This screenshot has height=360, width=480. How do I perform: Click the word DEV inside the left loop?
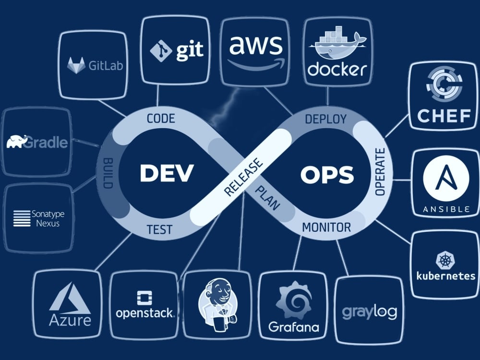pos(167,173)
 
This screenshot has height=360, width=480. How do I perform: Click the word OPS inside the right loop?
pos(327,175)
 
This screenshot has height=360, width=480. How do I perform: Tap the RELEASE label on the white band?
pos(243,177)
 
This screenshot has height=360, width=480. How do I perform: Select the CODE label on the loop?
pos(161,119)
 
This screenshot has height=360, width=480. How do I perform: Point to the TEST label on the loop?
pos(159,229)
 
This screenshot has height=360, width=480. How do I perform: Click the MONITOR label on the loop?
pos(326,228)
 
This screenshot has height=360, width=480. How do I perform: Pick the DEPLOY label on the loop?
pos(326,119)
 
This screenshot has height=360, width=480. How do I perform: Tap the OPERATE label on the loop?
pos(380,172)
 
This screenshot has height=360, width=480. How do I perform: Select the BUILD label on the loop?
pos(108,173)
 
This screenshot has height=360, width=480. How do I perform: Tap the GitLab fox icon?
pos(76,65)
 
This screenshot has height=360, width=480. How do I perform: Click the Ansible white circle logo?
pos(446,178)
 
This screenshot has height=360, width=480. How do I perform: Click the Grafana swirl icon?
pos(294,300)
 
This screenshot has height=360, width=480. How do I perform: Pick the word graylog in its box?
pos(370,312)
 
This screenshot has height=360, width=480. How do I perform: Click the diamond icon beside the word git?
pos(161,51)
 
